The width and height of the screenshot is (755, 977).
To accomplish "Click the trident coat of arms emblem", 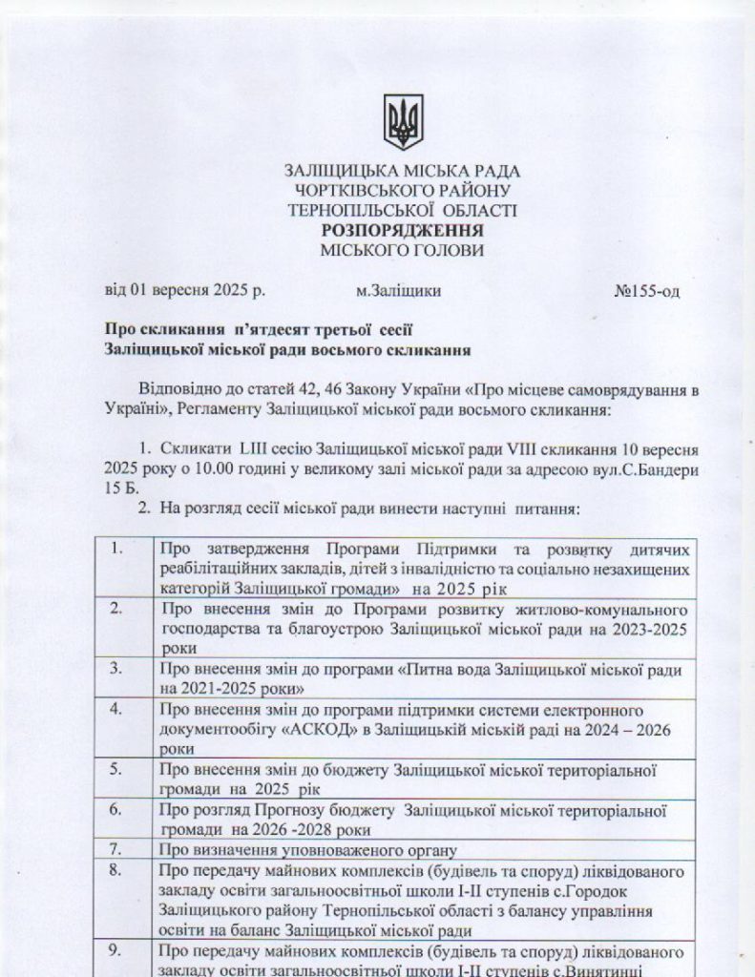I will coord(402,122).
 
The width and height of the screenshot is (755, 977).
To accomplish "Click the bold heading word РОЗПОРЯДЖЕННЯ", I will coord(402,230).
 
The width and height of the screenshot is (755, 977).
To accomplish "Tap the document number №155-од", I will coord(646,291).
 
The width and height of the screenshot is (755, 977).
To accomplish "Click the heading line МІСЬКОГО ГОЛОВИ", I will coord(402,251).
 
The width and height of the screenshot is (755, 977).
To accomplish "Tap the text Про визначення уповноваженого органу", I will coord(308,849).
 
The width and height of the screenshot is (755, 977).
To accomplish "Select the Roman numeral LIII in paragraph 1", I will coord(252,448).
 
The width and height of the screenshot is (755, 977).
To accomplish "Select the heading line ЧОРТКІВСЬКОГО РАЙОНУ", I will coord(402,190).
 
